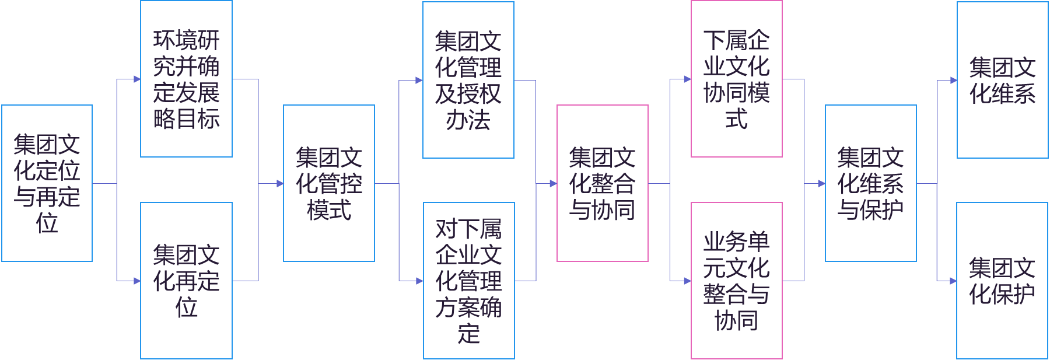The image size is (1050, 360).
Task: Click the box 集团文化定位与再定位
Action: point(47,183)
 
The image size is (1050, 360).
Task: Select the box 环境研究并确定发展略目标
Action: point(186,79)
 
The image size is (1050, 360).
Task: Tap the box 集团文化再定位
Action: point(186,281)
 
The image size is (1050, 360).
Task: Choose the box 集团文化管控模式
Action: point(329,183)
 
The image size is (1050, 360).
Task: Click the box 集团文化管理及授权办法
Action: point(468,80)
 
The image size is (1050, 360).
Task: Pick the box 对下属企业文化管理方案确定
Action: point(468,281)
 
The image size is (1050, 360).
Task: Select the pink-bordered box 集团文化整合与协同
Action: point(603,183)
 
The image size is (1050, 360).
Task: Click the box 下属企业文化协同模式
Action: point(736,79)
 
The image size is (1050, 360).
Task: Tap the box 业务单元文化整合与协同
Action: point(736,281)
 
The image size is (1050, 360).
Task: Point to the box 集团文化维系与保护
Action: point(870,183)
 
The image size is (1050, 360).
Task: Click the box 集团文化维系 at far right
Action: point(1002,80)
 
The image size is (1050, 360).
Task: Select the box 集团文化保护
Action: point(1002,281)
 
